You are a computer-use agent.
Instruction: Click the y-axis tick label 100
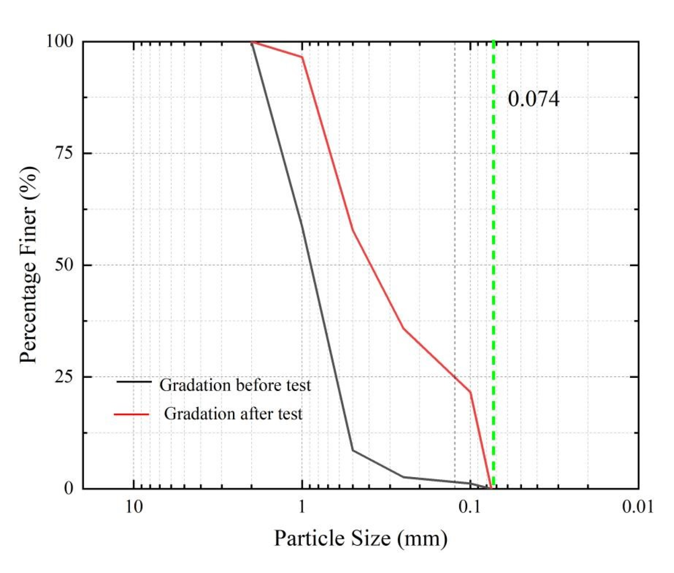click(59, 41)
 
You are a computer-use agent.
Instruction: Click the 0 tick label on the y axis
click(68, 488)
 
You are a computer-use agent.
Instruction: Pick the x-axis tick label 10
click(134, 506)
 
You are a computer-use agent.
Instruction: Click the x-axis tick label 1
click(302, 506)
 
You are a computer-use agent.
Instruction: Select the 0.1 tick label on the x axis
click(470, 506)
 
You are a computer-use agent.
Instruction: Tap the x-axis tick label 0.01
click(638, 506)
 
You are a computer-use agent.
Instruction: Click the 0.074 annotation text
click(533, 99)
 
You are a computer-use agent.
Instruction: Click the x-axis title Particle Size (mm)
click(360, 538)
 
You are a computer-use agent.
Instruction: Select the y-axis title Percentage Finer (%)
click(29, 265)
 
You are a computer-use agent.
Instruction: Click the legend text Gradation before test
click(235, 385)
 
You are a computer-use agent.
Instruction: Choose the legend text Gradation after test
click(233, 414)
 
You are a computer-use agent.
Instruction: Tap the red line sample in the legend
click(132, 415)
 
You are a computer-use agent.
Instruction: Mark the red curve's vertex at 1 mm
click(302, 57)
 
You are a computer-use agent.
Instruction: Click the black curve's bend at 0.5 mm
click(353, 450)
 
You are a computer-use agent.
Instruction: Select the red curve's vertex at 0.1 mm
click(470, 391)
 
